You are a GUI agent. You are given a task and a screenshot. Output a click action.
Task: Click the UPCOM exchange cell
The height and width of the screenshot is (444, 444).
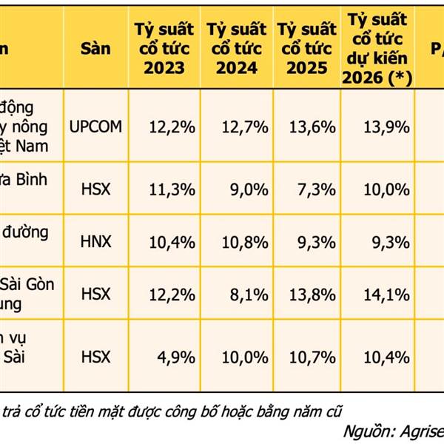click(x=95, y=127)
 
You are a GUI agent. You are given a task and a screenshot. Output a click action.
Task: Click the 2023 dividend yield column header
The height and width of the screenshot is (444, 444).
click(x=164, y=49)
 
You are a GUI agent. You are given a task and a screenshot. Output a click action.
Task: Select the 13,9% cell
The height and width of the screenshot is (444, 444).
click(x=387, y=127)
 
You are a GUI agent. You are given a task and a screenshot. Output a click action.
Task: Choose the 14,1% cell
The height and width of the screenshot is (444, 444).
click(x=387, y=295)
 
